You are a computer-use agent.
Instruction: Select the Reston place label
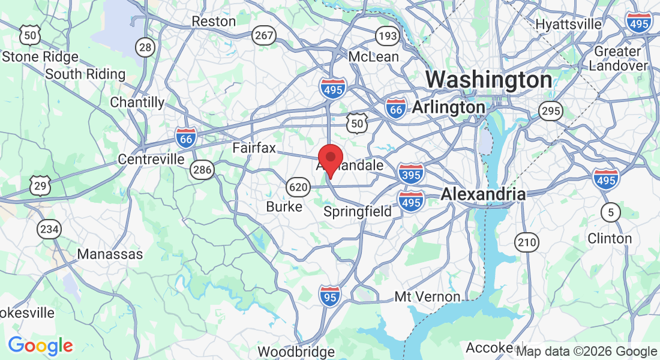tap(214, 21)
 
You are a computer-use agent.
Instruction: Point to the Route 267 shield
tap(264, 35)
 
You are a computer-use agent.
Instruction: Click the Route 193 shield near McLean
tap(388, 36)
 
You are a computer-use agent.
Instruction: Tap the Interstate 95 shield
tap(329, 296)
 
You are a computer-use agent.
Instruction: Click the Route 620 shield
tap(298, 187)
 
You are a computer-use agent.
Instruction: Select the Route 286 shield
tap(202, 170)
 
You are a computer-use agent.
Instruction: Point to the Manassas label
tap(110, 254)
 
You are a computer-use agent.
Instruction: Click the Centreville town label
tap(151, 159)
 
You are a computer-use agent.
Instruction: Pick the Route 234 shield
tap(49, 229)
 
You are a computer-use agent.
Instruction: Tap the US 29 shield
tap(40, 186)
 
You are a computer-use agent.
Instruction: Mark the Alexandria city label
tap(483, 194)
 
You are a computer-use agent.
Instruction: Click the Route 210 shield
tap(527, 242)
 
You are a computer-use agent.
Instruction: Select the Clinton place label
tap(610, 238)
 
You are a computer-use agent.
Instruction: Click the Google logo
tap(40, 346)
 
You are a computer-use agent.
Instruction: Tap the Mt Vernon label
tap(427, 296)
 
